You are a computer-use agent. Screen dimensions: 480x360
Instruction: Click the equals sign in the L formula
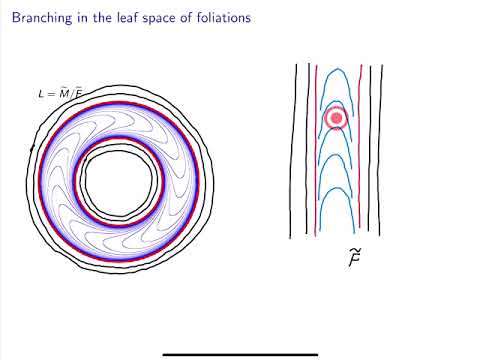[x=50, y=94]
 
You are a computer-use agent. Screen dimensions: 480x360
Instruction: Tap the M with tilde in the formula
[x=62, y=93]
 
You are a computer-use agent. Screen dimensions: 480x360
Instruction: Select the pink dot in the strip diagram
[x=337, y=118]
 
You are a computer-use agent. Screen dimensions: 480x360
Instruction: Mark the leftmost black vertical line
[x=294, y=150]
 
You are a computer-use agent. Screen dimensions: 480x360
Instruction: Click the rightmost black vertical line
[x=381, y=150]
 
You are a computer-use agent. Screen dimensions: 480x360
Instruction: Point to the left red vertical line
[x=316, y=150]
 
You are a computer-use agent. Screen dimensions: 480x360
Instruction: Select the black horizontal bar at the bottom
[x=240, y=354]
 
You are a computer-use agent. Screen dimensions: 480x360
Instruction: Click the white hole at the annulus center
[x=120, y=183]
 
